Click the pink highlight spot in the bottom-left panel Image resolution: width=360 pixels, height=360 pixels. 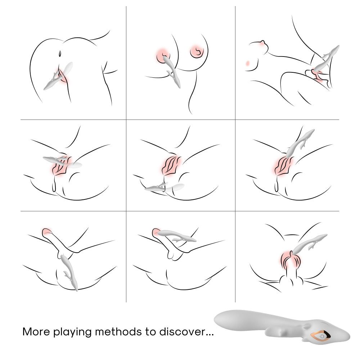[x=46, y=231]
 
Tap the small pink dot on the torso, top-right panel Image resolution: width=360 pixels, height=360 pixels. [x=247, y=63]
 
